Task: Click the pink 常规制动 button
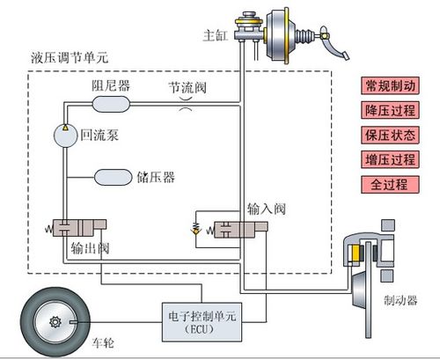point(390,85)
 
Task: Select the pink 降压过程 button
point(390,110)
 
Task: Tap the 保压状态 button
point(390,135)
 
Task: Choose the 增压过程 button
point(390,159)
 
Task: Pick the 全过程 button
point(390,185)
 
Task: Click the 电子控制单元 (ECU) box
point(202,322)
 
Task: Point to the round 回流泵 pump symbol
point(65,136)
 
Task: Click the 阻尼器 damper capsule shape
point(111,104)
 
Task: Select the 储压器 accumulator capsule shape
point(113,177)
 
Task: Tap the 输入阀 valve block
point(241,230)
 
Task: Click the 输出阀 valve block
point(79,228)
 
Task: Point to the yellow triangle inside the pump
point(65,128)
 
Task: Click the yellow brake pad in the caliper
point(356,253)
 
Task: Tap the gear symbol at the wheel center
point(55,322)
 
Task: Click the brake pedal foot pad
point(346,55)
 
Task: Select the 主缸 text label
point(216,35)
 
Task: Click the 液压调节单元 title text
point(70,57)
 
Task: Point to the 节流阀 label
point(187,87)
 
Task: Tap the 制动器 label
point(400,300)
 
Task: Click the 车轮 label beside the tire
point(103,342)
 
